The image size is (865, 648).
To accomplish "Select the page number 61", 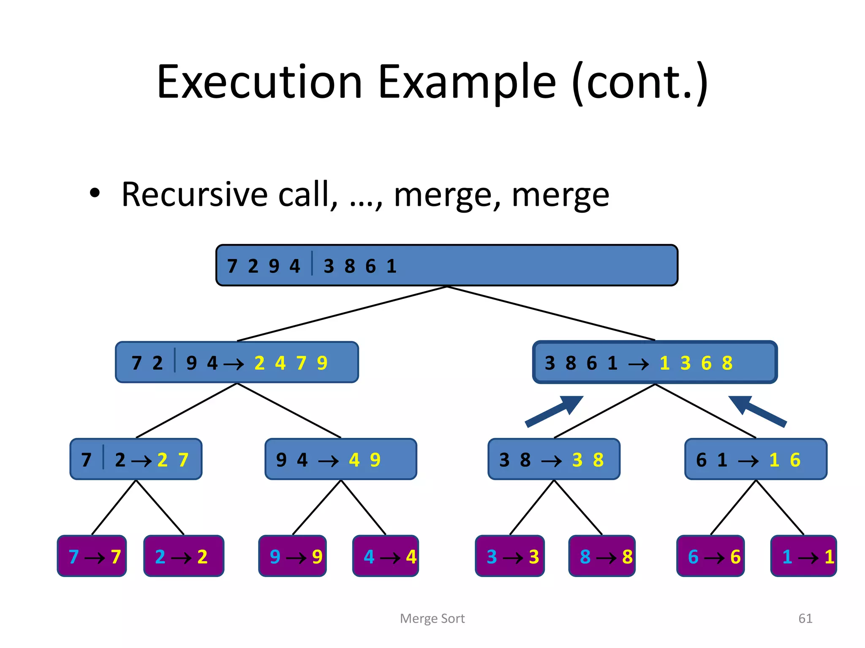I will (805, 618).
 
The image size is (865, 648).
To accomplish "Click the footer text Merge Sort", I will (432, 618).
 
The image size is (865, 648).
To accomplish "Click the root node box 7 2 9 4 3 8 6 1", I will (446, 265).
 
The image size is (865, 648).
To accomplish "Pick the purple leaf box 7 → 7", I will (92, 556).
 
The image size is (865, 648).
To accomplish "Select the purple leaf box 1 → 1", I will (803, 556).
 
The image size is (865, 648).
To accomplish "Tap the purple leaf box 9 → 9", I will (293, 556).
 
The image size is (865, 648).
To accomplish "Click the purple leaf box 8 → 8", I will (602, 556).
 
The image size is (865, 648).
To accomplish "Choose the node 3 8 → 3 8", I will (554, 459).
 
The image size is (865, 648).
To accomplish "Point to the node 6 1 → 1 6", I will (756, 459).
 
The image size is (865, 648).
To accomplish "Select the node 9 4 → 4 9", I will (340, 459).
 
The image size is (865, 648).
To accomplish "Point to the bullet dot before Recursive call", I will (95, 194).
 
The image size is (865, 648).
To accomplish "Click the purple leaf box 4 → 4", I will (386, 556).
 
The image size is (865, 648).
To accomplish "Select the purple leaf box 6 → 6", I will (710, 556).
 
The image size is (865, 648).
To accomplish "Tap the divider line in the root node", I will (312, 263).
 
